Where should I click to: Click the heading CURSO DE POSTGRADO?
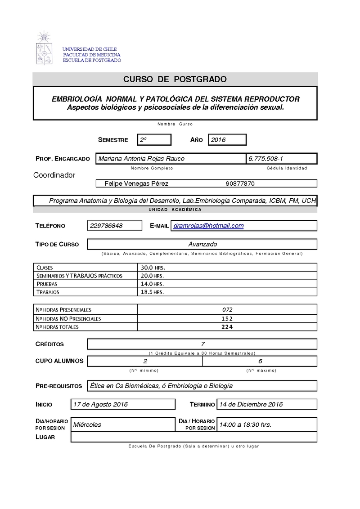(x=175, y=80)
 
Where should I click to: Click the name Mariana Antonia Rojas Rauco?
(x=141, y=159)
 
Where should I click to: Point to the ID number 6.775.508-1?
(x=265, y=159)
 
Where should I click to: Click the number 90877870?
(x=240, y=183)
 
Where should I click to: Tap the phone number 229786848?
(x=106, y=226)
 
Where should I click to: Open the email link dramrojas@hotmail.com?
(x=208, y=226)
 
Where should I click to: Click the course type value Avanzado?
(x=202, y=244)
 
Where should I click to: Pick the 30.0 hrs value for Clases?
(x=152, y=268)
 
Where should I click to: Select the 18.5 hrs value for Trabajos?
(x=152, y=292)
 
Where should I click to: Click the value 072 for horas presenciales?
(x=227, y=310)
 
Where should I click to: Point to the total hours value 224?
(x=227, y=327)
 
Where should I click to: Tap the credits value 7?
(x=203, y=344)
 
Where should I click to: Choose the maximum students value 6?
(x=260, y=361)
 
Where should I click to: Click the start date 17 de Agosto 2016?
(x=100, y=404)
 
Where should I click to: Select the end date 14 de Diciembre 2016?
(x=250, y=404)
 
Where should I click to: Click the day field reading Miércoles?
(x=87, y=424)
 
